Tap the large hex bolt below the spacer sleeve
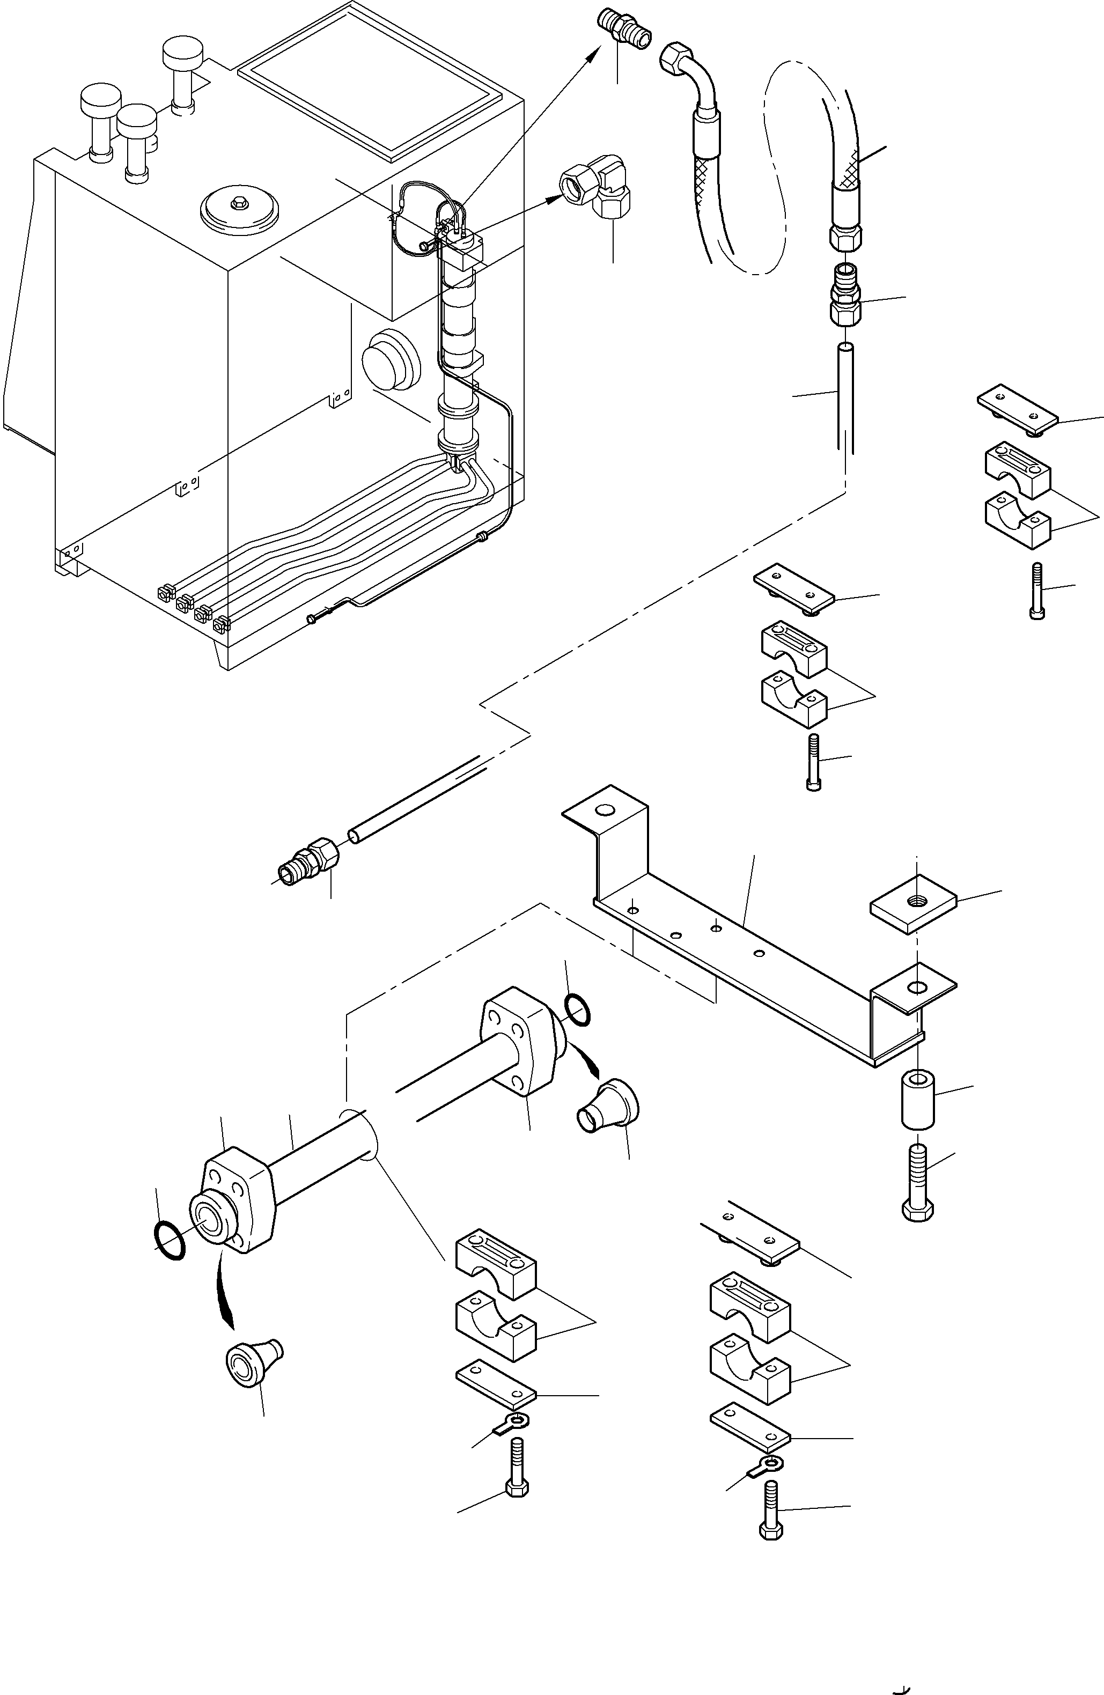click(917, 1178)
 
